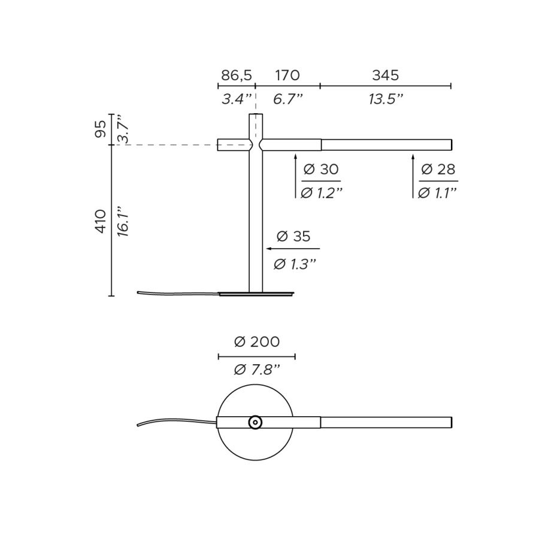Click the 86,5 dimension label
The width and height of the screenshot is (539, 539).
237,75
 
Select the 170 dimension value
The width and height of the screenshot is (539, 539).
287,75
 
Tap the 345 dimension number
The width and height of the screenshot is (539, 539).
385,75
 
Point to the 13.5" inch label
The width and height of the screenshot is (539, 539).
385,99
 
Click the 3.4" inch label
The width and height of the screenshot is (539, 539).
237,99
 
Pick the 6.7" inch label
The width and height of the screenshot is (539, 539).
287,99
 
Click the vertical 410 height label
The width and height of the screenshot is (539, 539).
101,221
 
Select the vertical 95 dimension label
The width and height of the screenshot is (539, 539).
101,129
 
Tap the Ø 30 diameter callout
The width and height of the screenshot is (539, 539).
321,169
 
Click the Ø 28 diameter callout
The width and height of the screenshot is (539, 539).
438,169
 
